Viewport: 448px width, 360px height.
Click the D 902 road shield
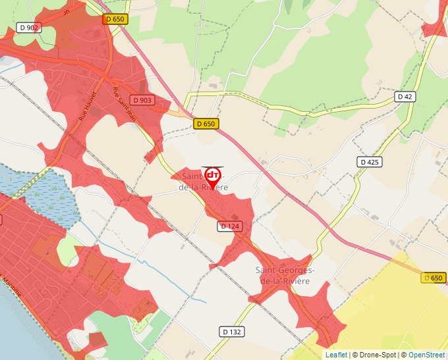[x=30, y=28]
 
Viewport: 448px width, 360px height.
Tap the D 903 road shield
[x=142, y=100]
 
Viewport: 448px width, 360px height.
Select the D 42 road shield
[x=405, y=97]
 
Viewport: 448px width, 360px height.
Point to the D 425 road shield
[x=370, y=162]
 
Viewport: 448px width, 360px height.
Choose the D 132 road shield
[x=231, y=332]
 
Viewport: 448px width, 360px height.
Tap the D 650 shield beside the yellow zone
[x=433, y=278]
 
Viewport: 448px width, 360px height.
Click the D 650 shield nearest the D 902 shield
[x=115, y=20]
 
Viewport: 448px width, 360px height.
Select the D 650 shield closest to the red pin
[x=206, y=124]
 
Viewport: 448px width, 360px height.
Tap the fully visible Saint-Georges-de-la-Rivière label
[x=285, y=276]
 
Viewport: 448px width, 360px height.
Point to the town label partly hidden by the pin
[x=204, y=182]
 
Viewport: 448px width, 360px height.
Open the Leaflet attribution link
[x=336, y=355]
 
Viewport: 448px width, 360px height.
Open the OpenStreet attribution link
[x=428, y=355]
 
